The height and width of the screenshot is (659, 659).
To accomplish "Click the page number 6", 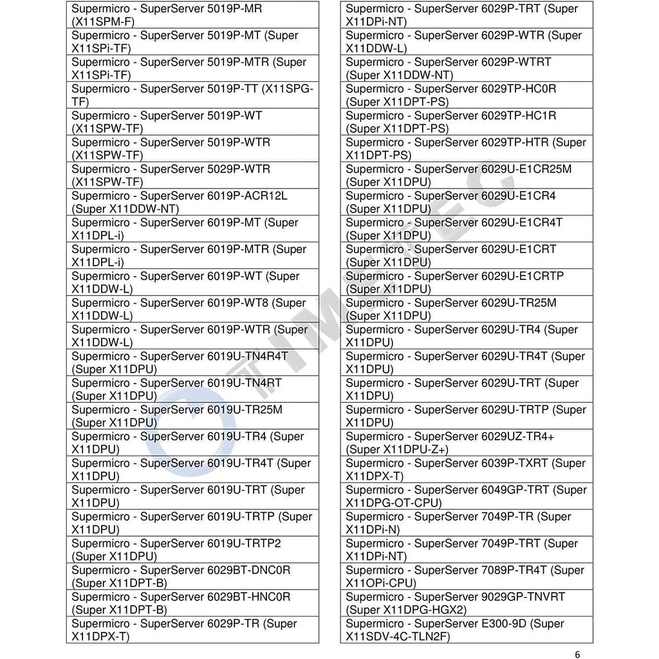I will pos(577,654).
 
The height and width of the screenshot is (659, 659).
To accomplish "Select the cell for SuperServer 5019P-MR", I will pos(192,15).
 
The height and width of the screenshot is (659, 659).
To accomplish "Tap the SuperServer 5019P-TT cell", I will pos(192,95).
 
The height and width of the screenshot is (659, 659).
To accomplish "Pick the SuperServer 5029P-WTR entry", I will pos(192,176).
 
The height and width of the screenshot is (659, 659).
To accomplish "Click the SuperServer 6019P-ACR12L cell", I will pos(192,202).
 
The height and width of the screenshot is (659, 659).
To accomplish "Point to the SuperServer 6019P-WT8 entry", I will pos(192,309).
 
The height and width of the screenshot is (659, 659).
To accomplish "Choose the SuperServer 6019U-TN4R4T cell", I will pos(192,362).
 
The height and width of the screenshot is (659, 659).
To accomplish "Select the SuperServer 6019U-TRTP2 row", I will pos(192,550).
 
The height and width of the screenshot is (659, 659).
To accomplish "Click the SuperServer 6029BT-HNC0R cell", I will pos(192,603).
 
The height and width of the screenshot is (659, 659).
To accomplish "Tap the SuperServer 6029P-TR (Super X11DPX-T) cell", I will pos(192,630).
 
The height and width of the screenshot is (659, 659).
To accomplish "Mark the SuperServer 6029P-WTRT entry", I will pos(467,69).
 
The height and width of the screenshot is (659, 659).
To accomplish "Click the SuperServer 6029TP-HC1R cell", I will pos(467,122).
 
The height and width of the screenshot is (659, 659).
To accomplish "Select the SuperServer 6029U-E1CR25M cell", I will pos(467,176).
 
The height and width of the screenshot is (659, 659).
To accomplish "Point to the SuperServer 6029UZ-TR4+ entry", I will pos(467,443).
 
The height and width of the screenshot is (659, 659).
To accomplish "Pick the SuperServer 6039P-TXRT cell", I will pos(467,469).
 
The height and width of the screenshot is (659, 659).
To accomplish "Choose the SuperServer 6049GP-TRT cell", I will pos(467,496).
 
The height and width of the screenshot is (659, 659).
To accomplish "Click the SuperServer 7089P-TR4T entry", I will pos(467,576).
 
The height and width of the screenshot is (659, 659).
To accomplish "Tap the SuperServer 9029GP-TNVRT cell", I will pos(467,603).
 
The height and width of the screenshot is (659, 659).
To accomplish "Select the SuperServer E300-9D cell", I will pos(467,630).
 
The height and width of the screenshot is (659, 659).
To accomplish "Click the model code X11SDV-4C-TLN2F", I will pos(397,636).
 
